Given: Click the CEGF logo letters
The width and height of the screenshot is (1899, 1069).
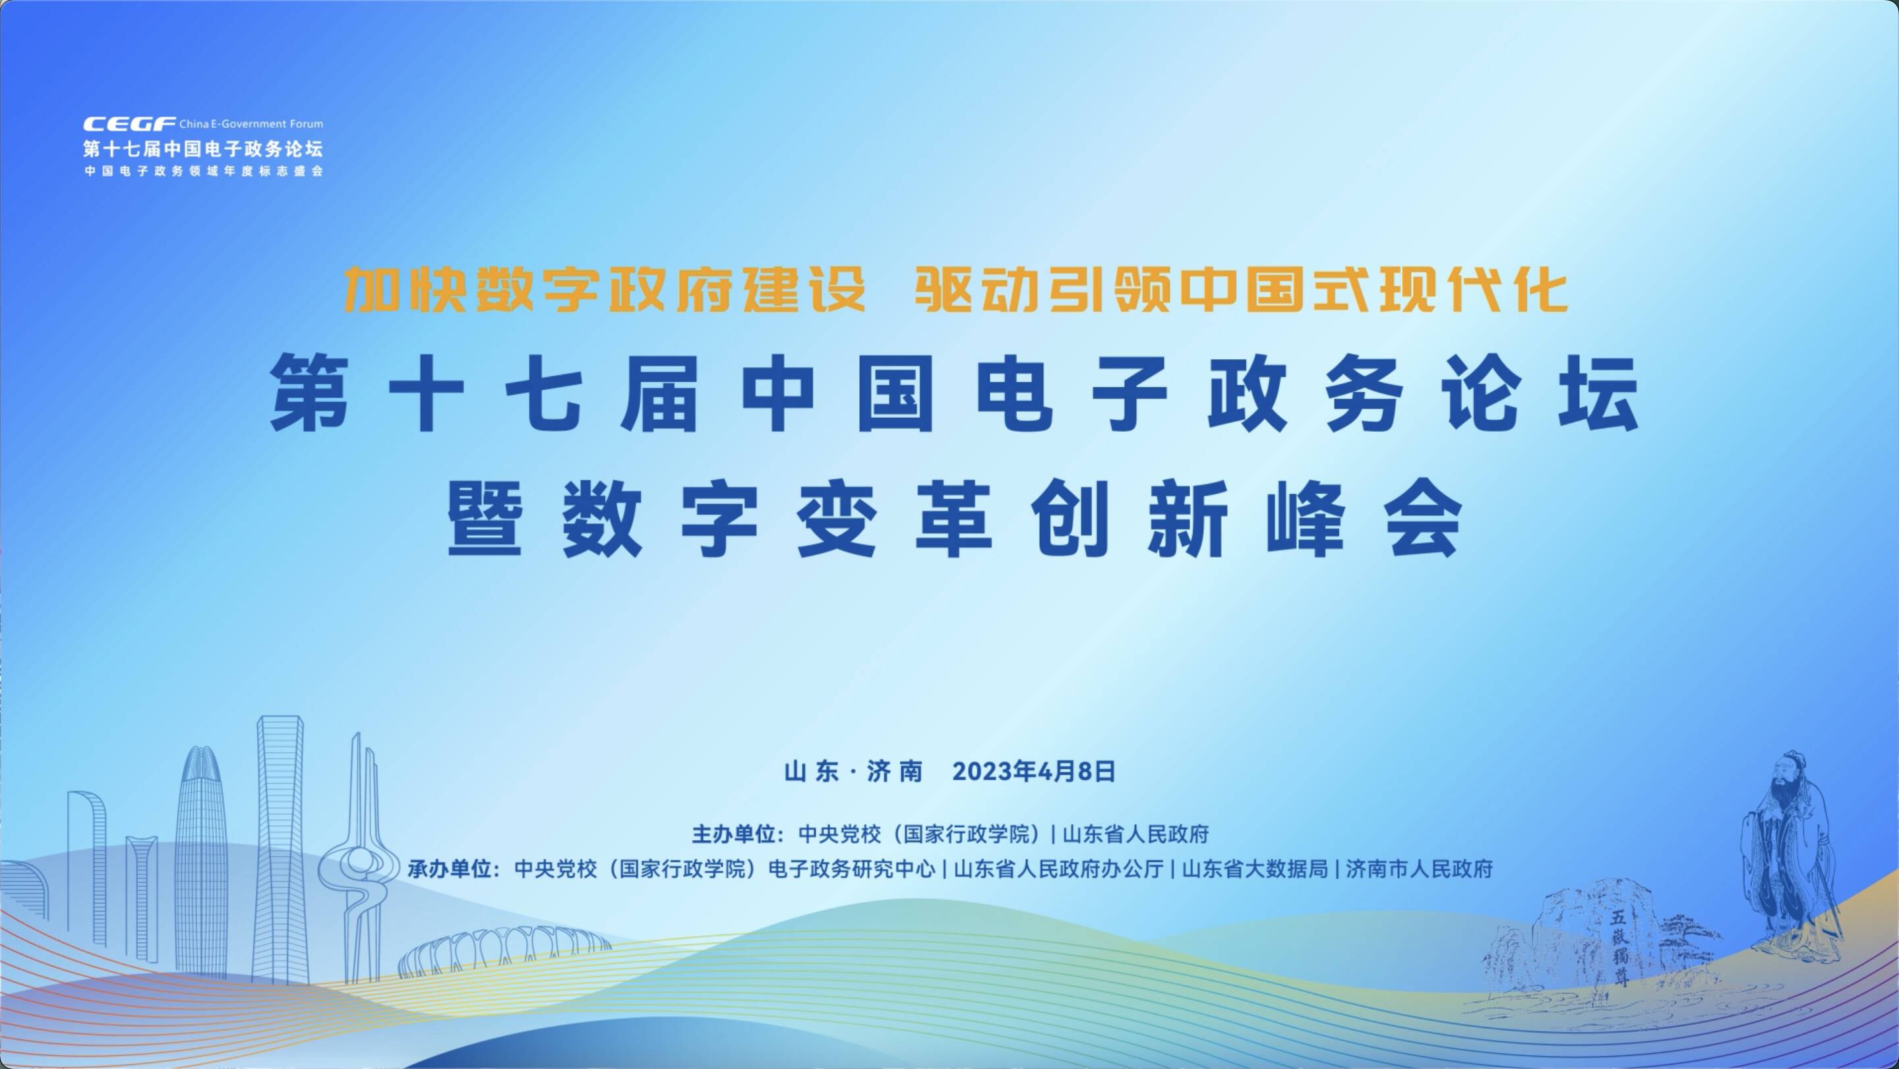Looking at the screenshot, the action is pos(129,124).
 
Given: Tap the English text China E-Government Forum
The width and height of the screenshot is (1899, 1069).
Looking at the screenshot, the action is pos(251,124).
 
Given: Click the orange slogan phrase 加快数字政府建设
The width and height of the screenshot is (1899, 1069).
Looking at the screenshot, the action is pos(605,289).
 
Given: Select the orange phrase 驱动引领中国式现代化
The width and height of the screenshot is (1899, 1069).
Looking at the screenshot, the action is pos(1241,289).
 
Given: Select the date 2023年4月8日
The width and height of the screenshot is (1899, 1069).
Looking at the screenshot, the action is pos(1033,771).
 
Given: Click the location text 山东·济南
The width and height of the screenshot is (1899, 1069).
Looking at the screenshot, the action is pos(853,771).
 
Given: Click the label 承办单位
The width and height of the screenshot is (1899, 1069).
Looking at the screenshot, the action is pos(450,869).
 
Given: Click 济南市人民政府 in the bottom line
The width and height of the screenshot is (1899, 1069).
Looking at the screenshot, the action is pos(1419,869).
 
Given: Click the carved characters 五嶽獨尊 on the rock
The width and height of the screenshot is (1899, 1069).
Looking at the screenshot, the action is pos(1619,949).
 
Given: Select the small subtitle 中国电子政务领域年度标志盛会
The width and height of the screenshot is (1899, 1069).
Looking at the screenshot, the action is pos(204,171).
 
